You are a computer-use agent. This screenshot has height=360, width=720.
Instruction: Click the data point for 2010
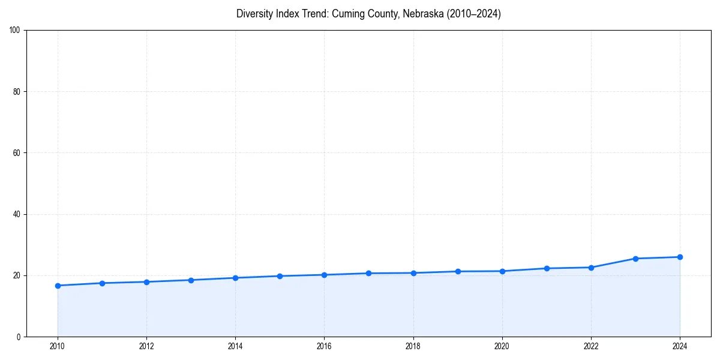[58, 286]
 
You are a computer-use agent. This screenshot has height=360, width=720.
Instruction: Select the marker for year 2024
[680, 257]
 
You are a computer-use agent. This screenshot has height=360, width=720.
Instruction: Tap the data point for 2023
[635, 259]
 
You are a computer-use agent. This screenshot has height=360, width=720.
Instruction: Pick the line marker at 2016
[324, 275]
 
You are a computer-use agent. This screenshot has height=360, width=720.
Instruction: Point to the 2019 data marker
[458, 271]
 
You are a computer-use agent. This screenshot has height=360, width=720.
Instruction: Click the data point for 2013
[191, 280]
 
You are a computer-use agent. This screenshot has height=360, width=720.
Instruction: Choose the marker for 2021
[547, 268]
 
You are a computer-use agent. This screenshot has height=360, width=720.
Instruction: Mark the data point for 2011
[102, 283]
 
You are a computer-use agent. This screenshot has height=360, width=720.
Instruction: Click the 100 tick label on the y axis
[16, 31]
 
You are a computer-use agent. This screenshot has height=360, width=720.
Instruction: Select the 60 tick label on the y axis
[17, 153]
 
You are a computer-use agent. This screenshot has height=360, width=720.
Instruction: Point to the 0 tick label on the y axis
[19, 337]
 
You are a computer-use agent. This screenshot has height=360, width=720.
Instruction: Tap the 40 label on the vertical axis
[17, 214]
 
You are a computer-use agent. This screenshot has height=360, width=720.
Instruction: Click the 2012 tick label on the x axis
[146, 346]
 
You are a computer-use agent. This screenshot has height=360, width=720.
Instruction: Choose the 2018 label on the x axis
[413, 346]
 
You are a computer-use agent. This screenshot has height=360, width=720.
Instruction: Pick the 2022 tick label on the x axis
[591, 346]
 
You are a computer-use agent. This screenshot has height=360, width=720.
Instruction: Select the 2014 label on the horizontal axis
[235, 346]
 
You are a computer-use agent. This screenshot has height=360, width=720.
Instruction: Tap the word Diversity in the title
[254, 14]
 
